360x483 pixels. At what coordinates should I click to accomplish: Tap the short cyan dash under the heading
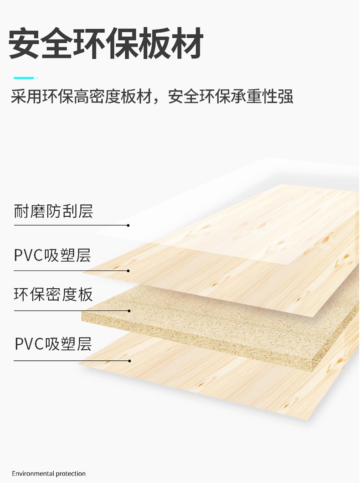coord(24,78)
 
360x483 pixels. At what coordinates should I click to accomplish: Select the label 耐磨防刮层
coord(53,211)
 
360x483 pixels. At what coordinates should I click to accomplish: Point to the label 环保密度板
coord(53,294)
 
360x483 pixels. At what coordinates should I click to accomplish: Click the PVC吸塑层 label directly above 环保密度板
coord(52,255)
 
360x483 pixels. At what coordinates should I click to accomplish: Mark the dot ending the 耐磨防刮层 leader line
coord(129,225)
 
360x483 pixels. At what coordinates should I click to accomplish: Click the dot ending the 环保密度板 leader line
coord(129,311)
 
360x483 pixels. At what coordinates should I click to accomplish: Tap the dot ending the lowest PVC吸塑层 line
coord(130,361)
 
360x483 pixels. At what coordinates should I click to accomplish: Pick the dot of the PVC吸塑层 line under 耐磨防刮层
coord(129,270)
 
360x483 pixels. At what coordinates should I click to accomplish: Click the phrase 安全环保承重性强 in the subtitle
coord(231,97)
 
